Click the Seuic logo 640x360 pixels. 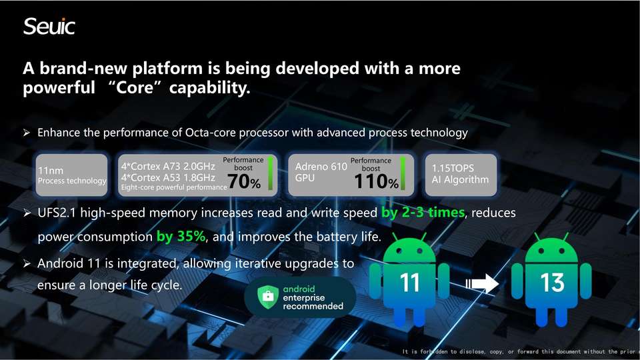49,27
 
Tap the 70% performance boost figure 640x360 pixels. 244,181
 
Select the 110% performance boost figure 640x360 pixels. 376,181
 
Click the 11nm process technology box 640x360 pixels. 72,175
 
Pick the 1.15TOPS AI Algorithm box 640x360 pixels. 461,175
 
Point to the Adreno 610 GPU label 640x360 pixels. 321,172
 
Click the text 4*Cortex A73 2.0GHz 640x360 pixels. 168,166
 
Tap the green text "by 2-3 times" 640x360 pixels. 423,212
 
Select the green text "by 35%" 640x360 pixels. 181,236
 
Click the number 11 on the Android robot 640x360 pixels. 409,283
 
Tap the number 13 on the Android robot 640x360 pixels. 552,283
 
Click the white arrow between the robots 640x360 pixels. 482,283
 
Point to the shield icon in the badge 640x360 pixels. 268,296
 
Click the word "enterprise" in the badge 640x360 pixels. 304,297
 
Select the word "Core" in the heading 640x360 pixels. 134,87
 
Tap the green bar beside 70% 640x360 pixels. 270,174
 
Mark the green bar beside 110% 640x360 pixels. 403,174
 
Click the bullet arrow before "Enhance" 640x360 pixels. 27,133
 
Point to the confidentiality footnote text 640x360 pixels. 519,351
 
